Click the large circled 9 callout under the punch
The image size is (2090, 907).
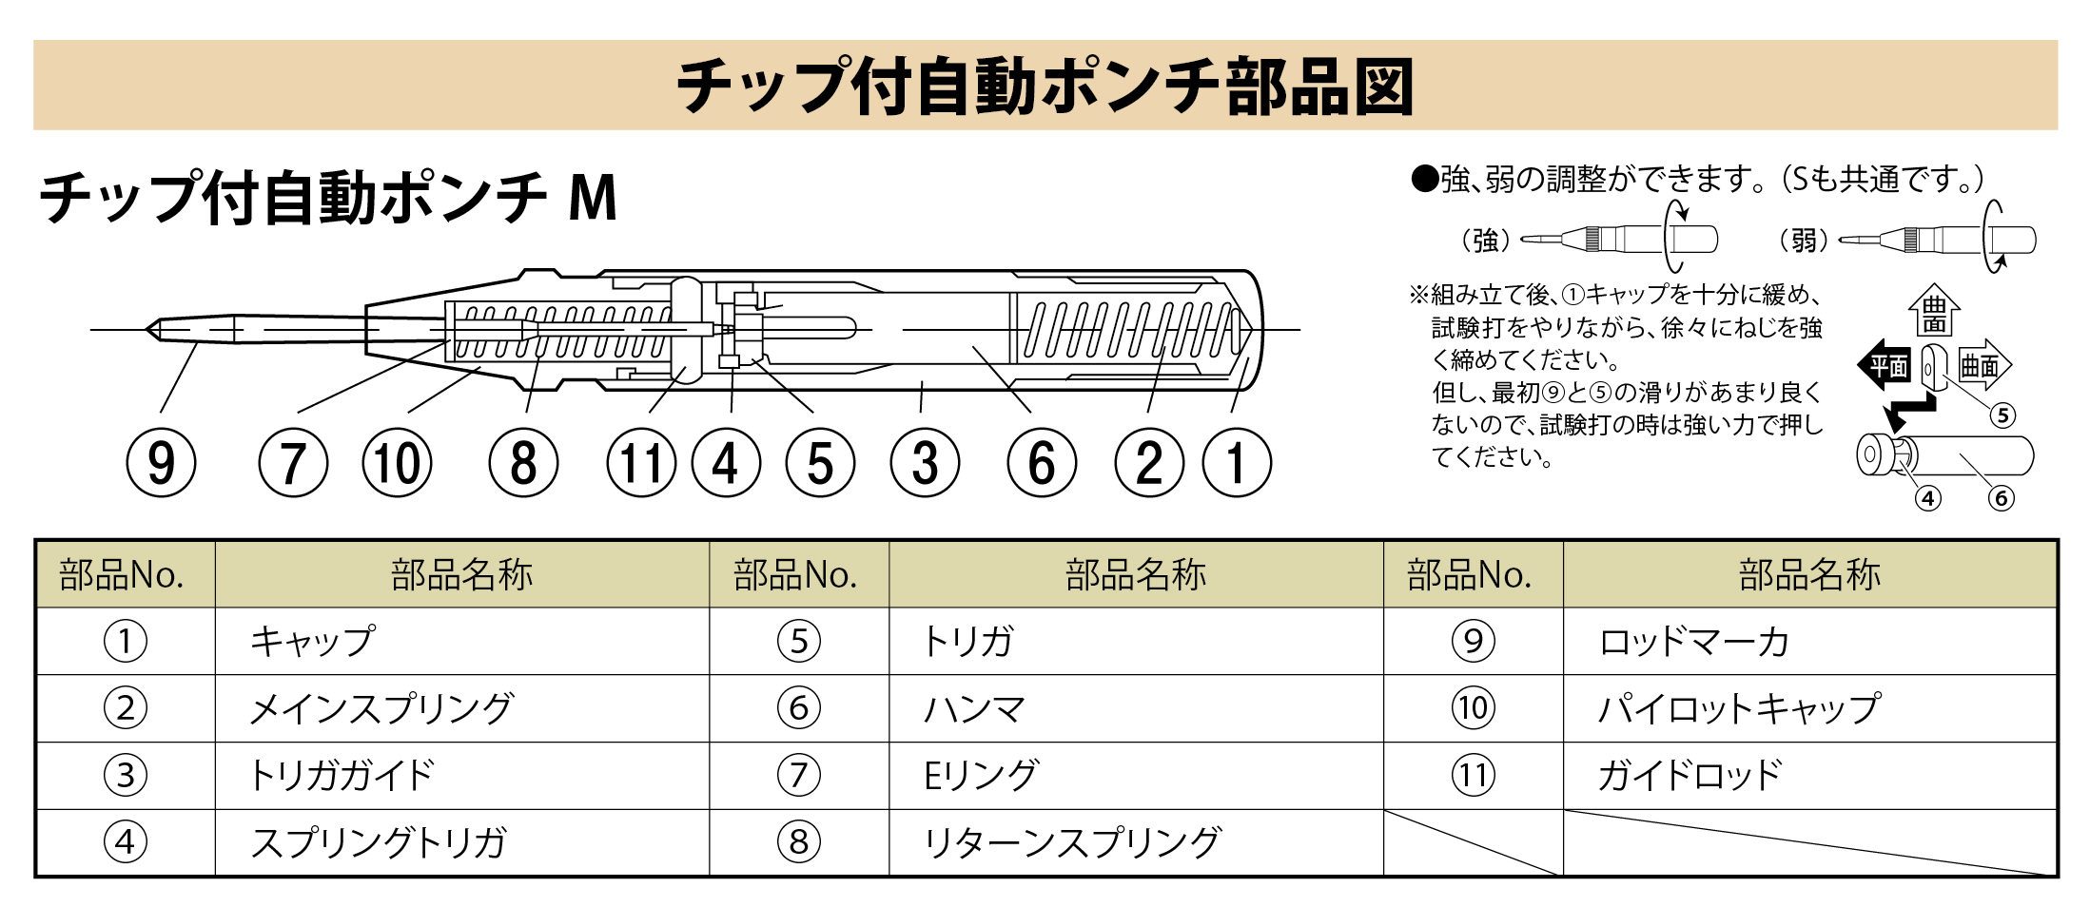(162, 463)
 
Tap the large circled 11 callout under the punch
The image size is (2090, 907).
(642, 463)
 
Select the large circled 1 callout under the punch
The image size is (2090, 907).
(1237, 463)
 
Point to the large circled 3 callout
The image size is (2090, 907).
(925, 463)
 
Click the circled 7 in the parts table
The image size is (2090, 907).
(799, 775)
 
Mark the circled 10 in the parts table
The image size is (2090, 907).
(1474, 708)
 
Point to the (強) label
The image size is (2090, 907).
(1486, 240)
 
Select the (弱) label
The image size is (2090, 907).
(1804, 240)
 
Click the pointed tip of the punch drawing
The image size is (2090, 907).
(146, 330)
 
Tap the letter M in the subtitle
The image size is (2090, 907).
(594, 198)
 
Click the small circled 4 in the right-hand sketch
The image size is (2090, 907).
(1928, 498)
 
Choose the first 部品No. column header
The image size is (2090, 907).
(122, 575)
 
